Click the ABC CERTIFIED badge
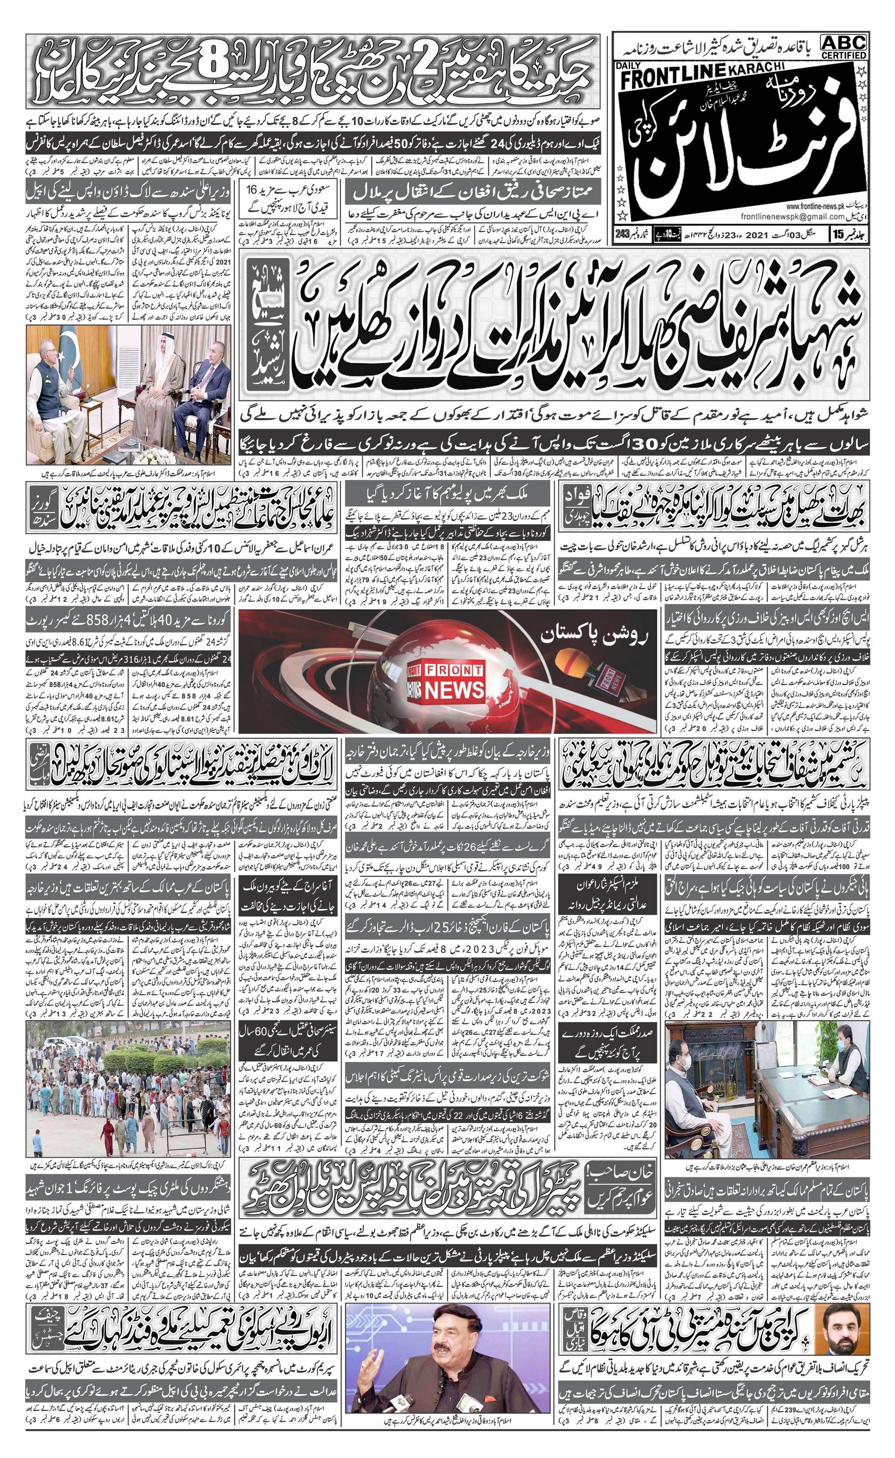click(843, 46)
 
